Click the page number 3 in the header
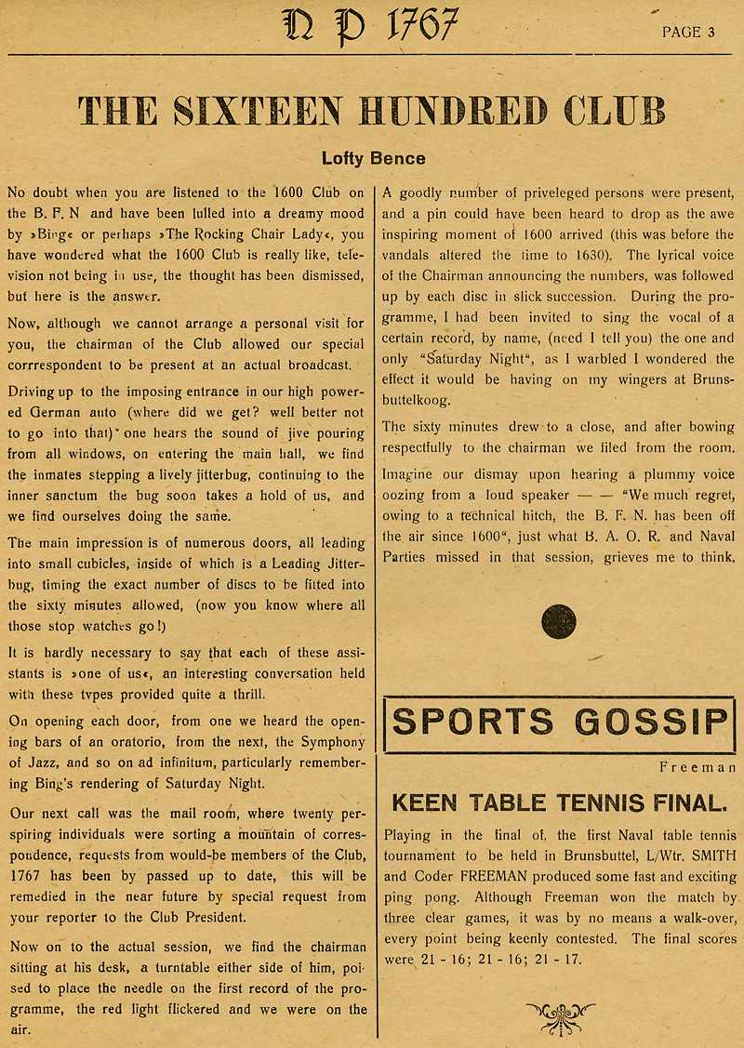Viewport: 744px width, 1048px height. click(711, 32)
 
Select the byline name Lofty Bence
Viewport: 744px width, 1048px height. click(373, 158)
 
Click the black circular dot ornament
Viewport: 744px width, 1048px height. click(558, 621)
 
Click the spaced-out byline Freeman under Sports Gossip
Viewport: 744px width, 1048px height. click(697, 768)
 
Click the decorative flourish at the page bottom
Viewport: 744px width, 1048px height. click(560, 1017)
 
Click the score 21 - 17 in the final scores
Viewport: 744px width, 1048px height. click(562, 959)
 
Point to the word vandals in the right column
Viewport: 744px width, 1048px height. click(410, 255)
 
